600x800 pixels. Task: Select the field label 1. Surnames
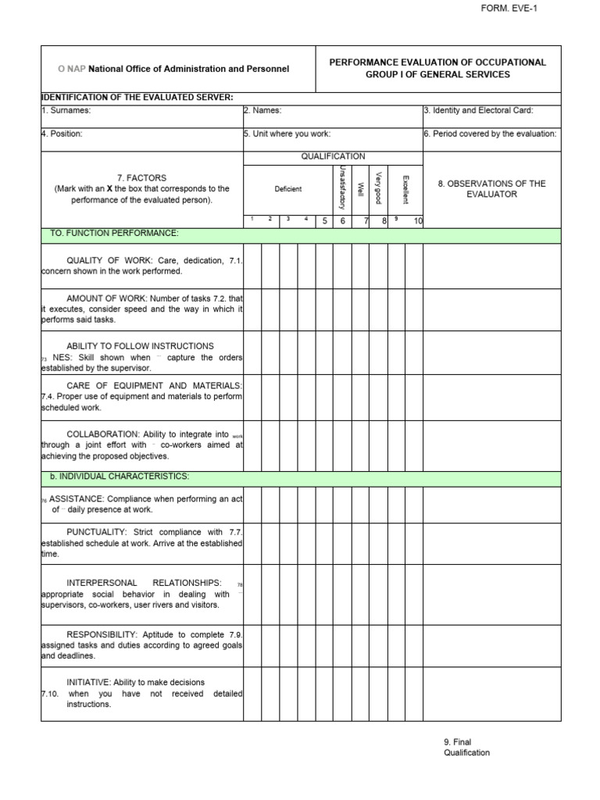click(66, 111)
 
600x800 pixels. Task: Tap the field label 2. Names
click(262, 111)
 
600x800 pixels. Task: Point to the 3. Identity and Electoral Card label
click(478, 111)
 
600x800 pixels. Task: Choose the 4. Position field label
click(62, 134)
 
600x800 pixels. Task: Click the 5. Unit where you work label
click(281, 134)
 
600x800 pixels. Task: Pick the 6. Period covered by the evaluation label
click(490, 134)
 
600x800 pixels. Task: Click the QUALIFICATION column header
click(333, 156)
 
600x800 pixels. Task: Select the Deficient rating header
click(287, 189)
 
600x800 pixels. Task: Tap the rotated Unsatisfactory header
click(342, 188)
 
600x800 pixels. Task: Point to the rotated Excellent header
click(405, 190)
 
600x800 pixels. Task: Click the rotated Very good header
click(378, 188)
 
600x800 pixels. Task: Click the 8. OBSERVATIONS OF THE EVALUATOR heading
click(491, 189)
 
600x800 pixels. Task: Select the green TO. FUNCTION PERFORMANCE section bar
click(114, 234)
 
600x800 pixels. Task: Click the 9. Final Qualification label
click(466, 748)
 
